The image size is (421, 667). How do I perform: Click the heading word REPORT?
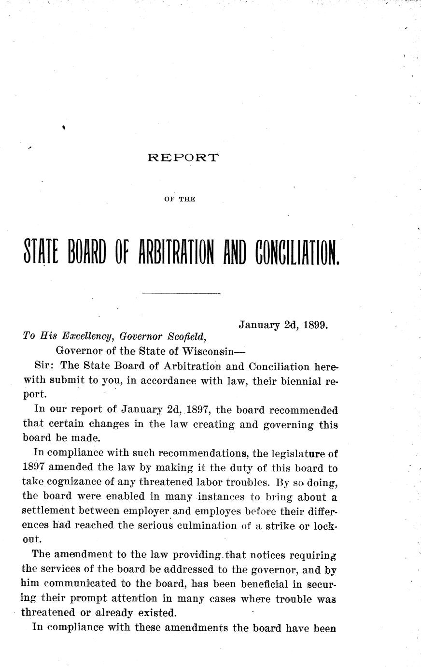point(183,157)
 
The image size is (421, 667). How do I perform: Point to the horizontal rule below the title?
point(182,293)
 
